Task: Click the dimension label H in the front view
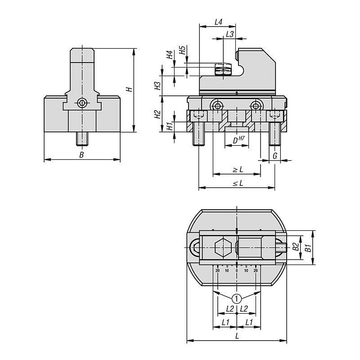coord(128,89)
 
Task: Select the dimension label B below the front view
coord(81,155)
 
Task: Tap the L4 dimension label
coord(219,22)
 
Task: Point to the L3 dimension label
coord(229,34)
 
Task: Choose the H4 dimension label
coord(169,55)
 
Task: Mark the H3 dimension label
coord(157,86)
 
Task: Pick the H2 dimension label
coord(157,114)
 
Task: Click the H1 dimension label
coord(169,126)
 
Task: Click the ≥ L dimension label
coord(237,170)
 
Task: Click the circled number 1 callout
coord(237,297)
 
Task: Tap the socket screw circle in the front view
coord(82,103)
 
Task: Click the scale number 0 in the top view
coord(237,270)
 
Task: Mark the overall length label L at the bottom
coord(237,336)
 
